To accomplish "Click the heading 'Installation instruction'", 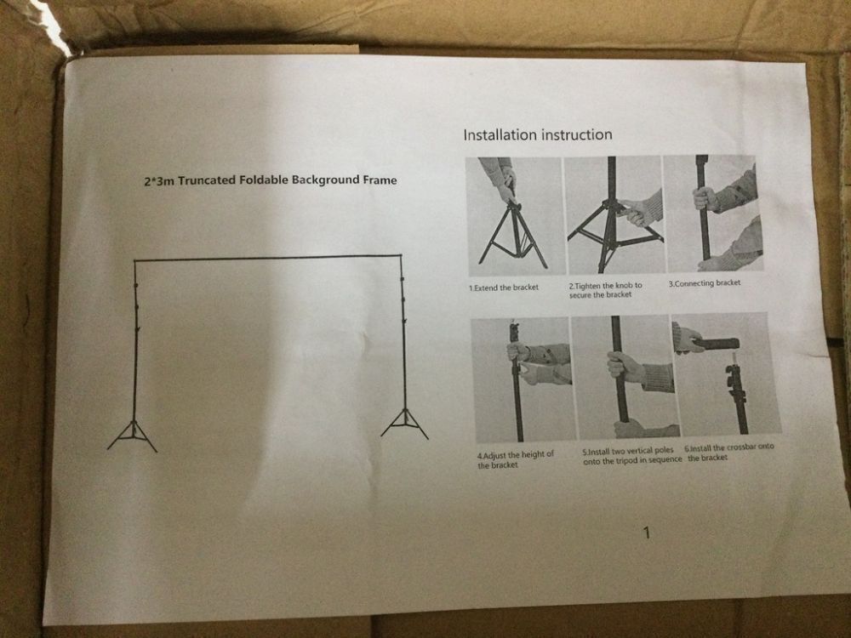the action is click(x=537, y=134).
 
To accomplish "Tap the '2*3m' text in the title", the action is click(x=159, y=180).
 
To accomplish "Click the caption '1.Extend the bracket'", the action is click(x=504, y=288).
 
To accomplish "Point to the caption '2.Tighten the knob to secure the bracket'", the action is click(x=605, y=290).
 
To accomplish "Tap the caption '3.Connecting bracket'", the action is click(x=705, y=283).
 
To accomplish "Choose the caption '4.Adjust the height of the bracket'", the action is click(x=516, y=459).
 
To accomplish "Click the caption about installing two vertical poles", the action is click(x=632, y=455).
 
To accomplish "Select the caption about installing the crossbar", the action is click(x=730, y=452).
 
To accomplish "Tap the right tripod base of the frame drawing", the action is click(x=404, y=424).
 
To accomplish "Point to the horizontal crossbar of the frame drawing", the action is click(x=268, y=259).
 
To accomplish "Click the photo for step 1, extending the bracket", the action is click(x=515, y=216).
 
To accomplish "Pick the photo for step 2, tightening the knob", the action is click(x=614, y=215).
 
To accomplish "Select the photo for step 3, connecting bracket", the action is click(x=712, y=214).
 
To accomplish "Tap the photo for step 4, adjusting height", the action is click(x=523, y=379).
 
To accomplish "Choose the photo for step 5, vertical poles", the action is click(x=625, y=377).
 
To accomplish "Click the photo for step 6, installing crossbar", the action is click(x=726, y=373).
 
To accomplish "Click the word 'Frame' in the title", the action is click(x=380, y=179).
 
